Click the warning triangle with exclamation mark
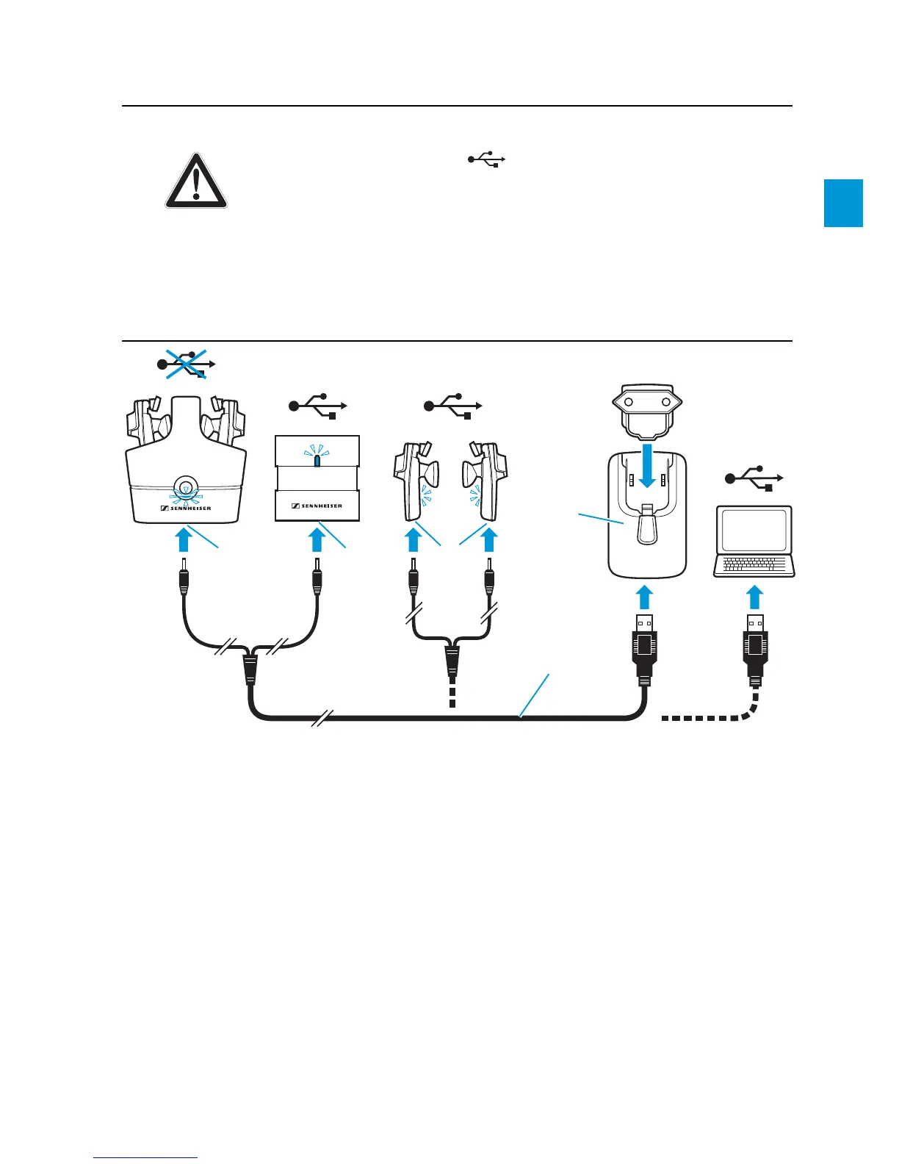195,182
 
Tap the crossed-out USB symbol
187,363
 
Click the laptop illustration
754,541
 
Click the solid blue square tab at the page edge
843,203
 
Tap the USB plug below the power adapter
644,647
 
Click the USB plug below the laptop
754,647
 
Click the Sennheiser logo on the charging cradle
185,507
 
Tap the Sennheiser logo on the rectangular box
317,506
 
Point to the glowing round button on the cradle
185,487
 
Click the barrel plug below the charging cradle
184,578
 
